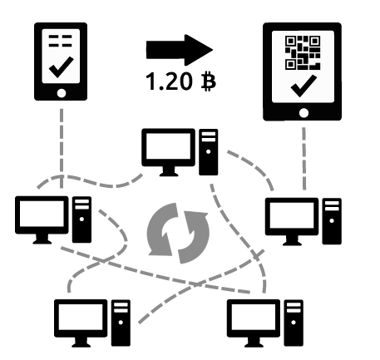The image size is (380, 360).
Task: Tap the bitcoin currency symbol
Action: [201, 83]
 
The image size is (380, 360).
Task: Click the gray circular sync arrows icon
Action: [177, 230]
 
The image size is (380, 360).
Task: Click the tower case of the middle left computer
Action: [82, 219]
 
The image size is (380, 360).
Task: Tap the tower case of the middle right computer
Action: [331, 219]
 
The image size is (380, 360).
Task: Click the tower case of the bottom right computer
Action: [293, 323]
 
